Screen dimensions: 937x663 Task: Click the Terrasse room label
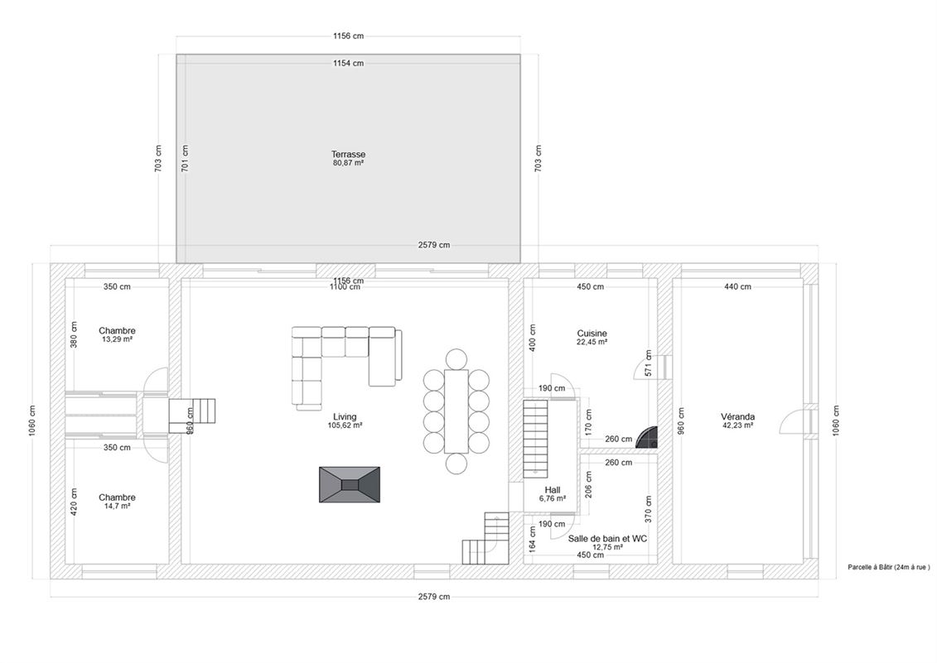pyautogui.click(x=349, y=154)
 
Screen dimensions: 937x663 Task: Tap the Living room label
pyautogui.click(x=345, y=417)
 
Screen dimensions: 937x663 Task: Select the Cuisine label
pyautogui.click(x=592, y=334)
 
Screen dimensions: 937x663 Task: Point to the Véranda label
pyautogui.click(x=737, y=417)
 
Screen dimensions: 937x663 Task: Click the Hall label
pyautogui.click(x=552, y=490)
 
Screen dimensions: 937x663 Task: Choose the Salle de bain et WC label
pyautogui.click(x=607, y=539)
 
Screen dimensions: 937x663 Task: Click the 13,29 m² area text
pyautogui.click(x=117, y=339)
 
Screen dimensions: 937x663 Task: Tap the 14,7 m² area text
pyautogui.click(x=117, y=506)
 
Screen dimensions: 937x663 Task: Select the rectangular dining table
pyautogui.click(x=456, y=411)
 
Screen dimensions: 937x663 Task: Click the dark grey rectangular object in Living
pyautogui.click(x=350, y=484)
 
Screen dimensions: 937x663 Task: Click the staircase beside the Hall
pyautogui.click(x=535, y=439)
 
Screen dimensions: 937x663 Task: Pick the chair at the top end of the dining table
pyautogui.click(x=456, y=360)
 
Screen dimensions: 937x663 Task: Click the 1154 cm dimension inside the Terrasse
pyautogui.click(x=349, y=63)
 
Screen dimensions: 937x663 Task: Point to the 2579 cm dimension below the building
pyautogui.click(x=434, y=596)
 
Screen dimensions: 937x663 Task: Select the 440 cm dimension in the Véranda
pyautogui.click(x=737, y=286)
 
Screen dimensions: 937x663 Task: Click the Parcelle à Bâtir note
pyautogui.click(x=889, y=568)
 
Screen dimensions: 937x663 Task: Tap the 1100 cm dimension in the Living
pyautogui.click(x=345, y=287)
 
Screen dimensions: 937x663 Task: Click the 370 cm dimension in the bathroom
pyautogui.click(x=649, y=509)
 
